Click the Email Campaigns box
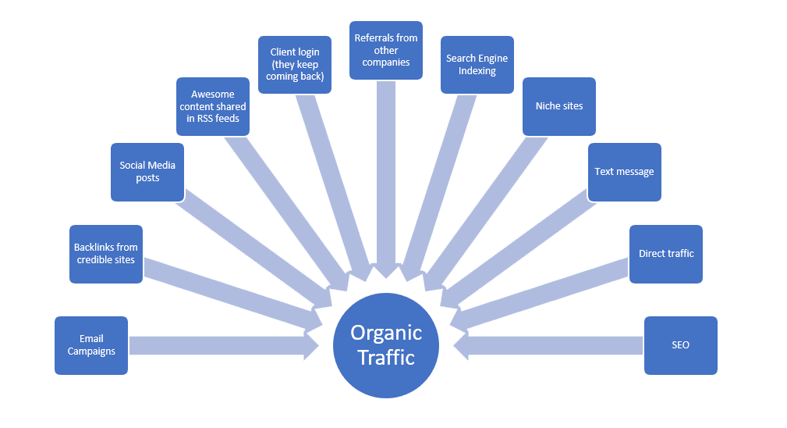(x=91, y=345)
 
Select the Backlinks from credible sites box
(x=106, y=254)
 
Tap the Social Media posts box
(x=147, y=172)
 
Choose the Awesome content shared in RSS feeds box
(x=213, y=107)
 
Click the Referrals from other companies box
(x=386, y=50)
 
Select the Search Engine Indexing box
(x=477, y=65)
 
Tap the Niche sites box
(x=558, y=106)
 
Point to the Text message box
(x=624, y=172)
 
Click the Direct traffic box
(x=666, y=254)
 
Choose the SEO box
(x=680, y=345)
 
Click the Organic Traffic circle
(x=386, y=345)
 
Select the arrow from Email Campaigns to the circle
(x=218, y=345)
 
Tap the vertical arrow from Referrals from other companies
(x=386, y=172)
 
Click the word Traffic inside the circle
(x=386, y=358)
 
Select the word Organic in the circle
(x=386, y=333)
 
